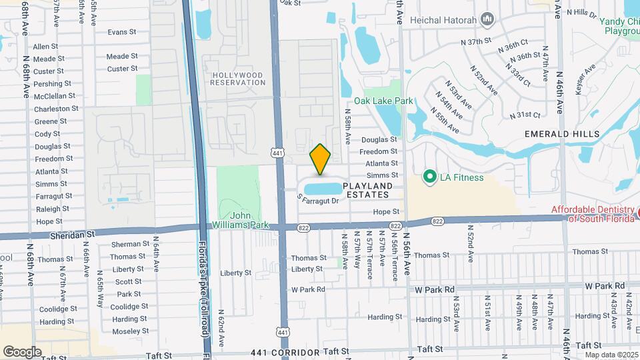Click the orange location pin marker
pyautogui.click(x=321, y=159)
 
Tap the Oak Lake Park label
pyautogui.click(x=383, y=101)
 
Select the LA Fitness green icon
pyautogui.click(x=430, y=177)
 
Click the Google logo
pyautogui.click(x=22, y=351)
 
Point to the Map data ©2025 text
pyautogui.click(x=611, y=354)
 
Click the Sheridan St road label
pyautogui.click(x=73, y=235)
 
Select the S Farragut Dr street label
pyautogui.click(x=319, y=199)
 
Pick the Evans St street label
pyautogui.click(x=122, y=31)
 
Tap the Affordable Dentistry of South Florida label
pyautogui.click(x=594, y=213)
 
